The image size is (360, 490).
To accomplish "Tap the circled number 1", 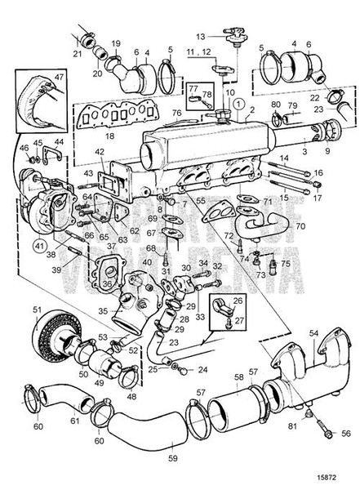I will [235, 105].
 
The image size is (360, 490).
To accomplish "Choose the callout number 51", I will [36, 309].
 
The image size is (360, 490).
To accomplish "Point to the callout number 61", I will [75, 420].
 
